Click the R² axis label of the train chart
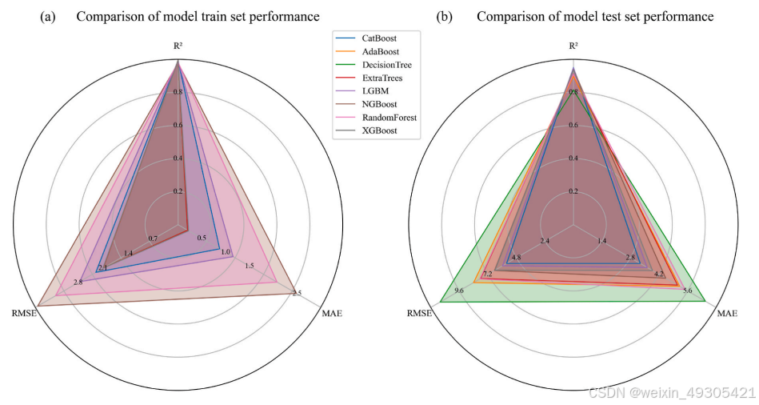[x=177, y=46]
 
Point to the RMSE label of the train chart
[x=22, y=312]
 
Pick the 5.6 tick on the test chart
[x=687, y=290]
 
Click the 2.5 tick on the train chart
[x=297, y=293]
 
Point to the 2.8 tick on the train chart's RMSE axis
[x=77, y=282]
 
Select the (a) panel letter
[x=46, y=16]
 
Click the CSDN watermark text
[x=672, y=393]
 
